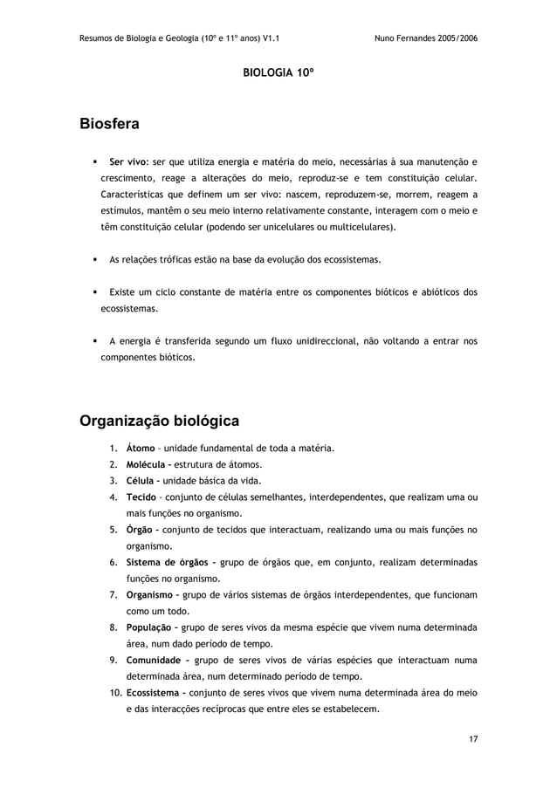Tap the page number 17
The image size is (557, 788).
point(472,740)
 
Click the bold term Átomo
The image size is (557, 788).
point(141,449)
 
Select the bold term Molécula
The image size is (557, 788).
point(148,464)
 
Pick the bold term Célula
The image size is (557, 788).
point(142,481)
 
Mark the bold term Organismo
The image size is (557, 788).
point(152,594)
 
